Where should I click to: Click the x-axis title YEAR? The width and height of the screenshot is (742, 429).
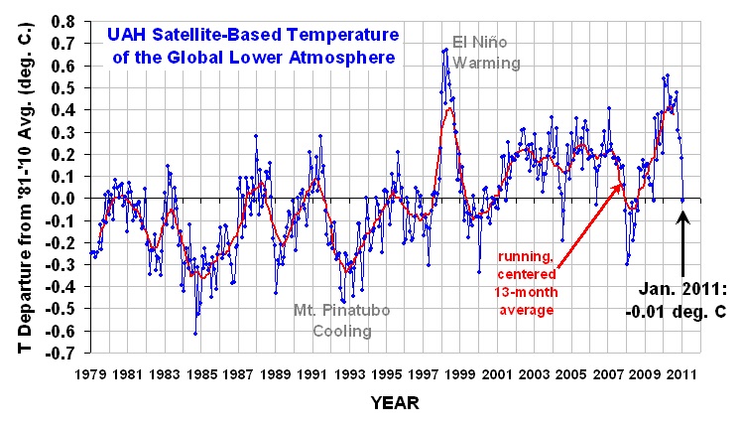click(395, 403)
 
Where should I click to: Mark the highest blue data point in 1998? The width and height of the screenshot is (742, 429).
click(446, 49)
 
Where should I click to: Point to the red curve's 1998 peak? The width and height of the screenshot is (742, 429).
click(449, 108)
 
